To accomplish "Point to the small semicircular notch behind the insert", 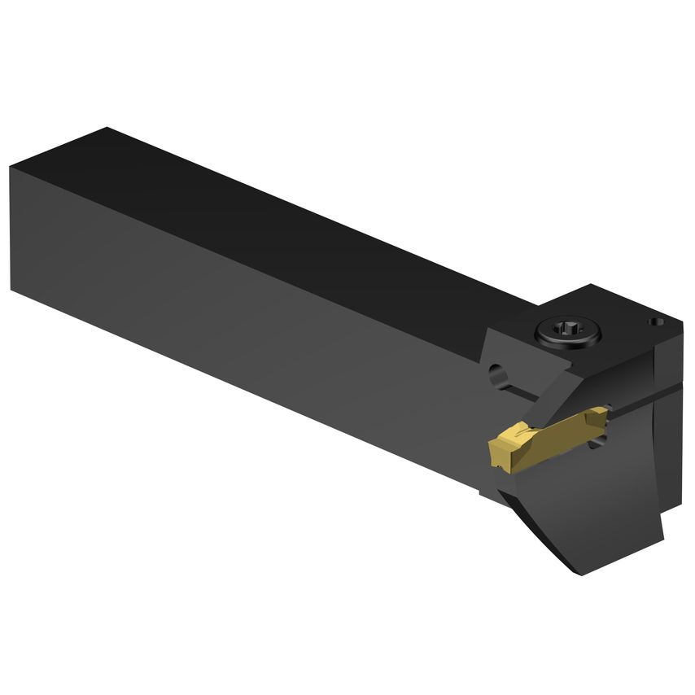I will (x=603, y=440).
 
